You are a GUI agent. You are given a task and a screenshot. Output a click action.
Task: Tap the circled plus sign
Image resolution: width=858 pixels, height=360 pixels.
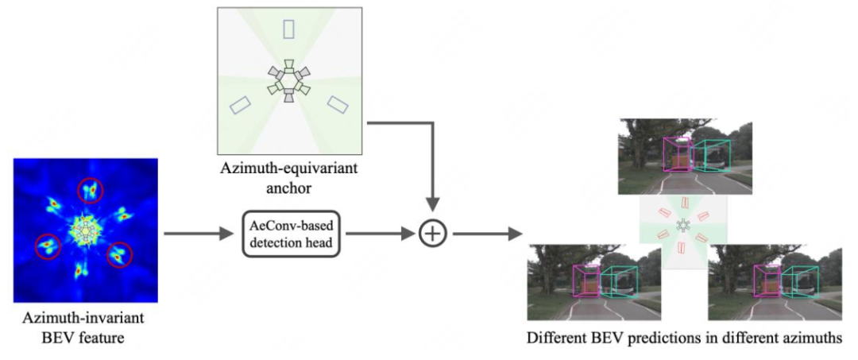433,233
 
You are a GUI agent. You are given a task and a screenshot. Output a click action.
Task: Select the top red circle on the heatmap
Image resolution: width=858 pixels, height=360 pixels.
91,191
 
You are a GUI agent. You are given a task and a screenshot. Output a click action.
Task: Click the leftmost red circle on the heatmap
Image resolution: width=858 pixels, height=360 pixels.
48,246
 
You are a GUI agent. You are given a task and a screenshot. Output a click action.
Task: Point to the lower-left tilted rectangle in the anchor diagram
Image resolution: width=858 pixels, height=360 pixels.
239,104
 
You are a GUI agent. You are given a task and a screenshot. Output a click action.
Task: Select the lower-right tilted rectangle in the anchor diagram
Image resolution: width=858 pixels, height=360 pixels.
338,104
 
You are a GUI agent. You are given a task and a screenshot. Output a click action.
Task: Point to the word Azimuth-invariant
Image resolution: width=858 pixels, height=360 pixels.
84,320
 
